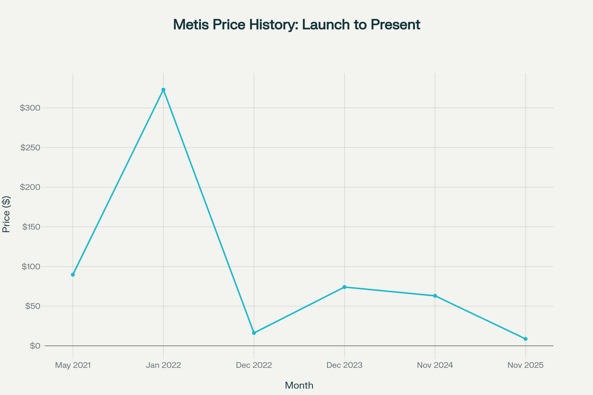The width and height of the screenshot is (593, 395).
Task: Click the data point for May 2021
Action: click(x=73, y=275)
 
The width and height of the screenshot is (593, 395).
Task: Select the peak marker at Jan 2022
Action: click(x=163, y=90)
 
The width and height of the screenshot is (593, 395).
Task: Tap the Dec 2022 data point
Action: click(x=254, y=333)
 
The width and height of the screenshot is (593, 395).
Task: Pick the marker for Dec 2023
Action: click(x=344, y=287)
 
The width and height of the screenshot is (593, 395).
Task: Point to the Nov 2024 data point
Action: click(x=435, y=296)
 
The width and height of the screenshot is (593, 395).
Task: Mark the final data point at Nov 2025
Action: click(x=526, y=339)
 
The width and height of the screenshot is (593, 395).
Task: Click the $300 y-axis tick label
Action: click(x=30, y=108)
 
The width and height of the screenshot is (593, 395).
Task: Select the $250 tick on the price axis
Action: click(x=30, y=148)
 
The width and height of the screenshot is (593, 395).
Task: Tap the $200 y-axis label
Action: click(x=30, y=187)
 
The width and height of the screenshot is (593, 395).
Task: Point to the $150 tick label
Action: click(x=31, y=227)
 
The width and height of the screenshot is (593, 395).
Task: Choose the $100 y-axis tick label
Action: click(x=31, y=267)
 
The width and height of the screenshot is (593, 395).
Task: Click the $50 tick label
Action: click(x=33, y=306)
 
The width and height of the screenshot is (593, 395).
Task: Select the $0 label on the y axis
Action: click(x=35, y=346)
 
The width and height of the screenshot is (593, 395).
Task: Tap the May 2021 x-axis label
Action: click(x=73, y=365)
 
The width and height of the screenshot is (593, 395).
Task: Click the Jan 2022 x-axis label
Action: click(x=163, y=365)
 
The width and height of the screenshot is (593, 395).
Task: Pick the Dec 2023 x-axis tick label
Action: click(x=344, y=365)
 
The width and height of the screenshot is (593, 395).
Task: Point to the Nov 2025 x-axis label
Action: click(x=526, y=365)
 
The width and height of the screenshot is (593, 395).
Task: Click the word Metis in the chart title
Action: click(x=191, y=25)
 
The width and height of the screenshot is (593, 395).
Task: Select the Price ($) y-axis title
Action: click(x=6, y=214)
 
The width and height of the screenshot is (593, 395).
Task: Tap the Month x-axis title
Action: click(x=299, y=385)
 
